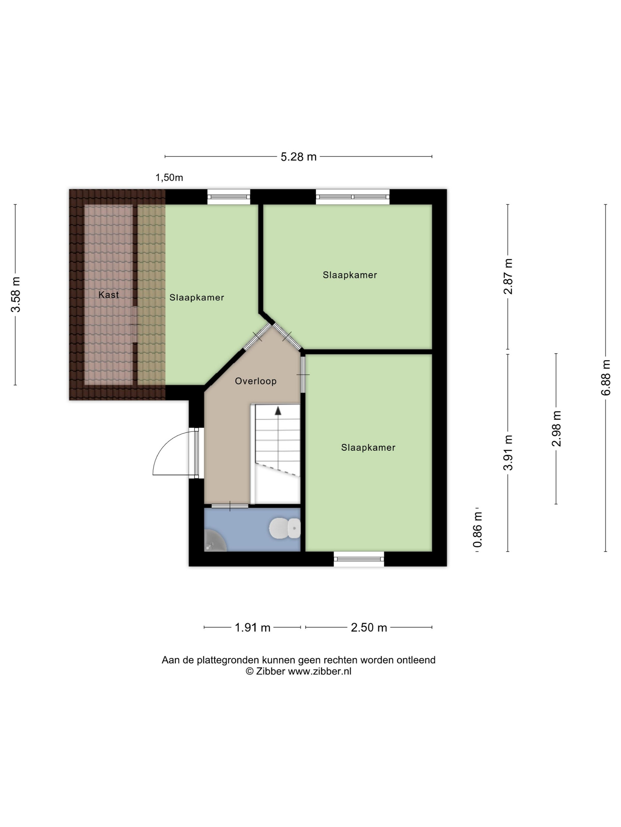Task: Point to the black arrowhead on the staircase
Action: pyautogui.click(x=278, y=411)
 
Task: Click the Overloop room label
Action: pyautogui.click(x=256, y=381)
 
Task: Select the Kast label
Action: pyautogui.click(x=109, y=294)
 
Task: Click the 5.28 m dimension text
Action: pyautogui.click(x=298, y=157)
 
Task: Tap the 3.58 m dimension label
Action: pyautogui.click(x=15, y=294)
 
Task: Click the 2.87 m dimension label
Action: pyautogui.click(x=508, y=277)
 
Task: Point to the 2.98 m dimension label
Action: pyautogui.click(x=557, y=429)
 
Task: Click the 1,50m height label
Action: pyautogui.click(x=169, y=178)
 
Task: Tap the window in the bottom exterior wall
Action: pyautogui.click(x=359, y=559)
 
